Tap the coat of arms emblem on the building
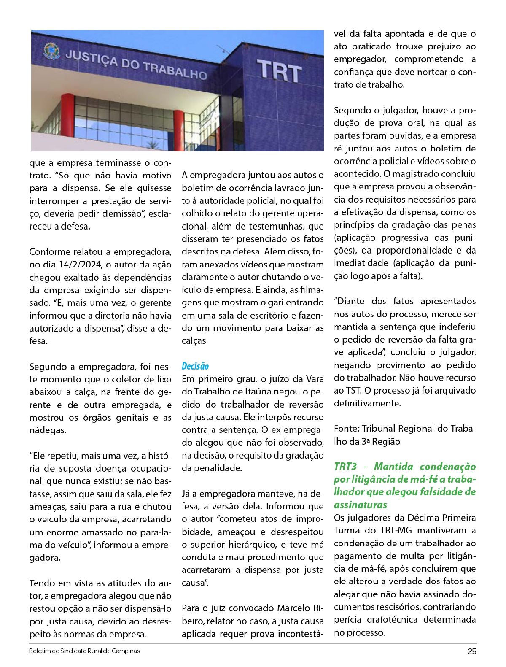tap(51, 51)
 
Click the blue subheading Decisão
tap(195, 366)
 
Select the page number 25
tap(472, 651)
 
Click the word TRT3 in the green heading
tap(345, 466)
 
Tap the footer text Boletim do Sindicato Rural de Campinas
tap(84, 651)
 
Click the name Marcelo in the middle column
tap(294, 608)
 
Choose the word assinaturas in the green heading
tap(360, 505)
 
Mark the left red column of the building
tap(67, 115)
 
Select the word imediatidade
tap(361, 263)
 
